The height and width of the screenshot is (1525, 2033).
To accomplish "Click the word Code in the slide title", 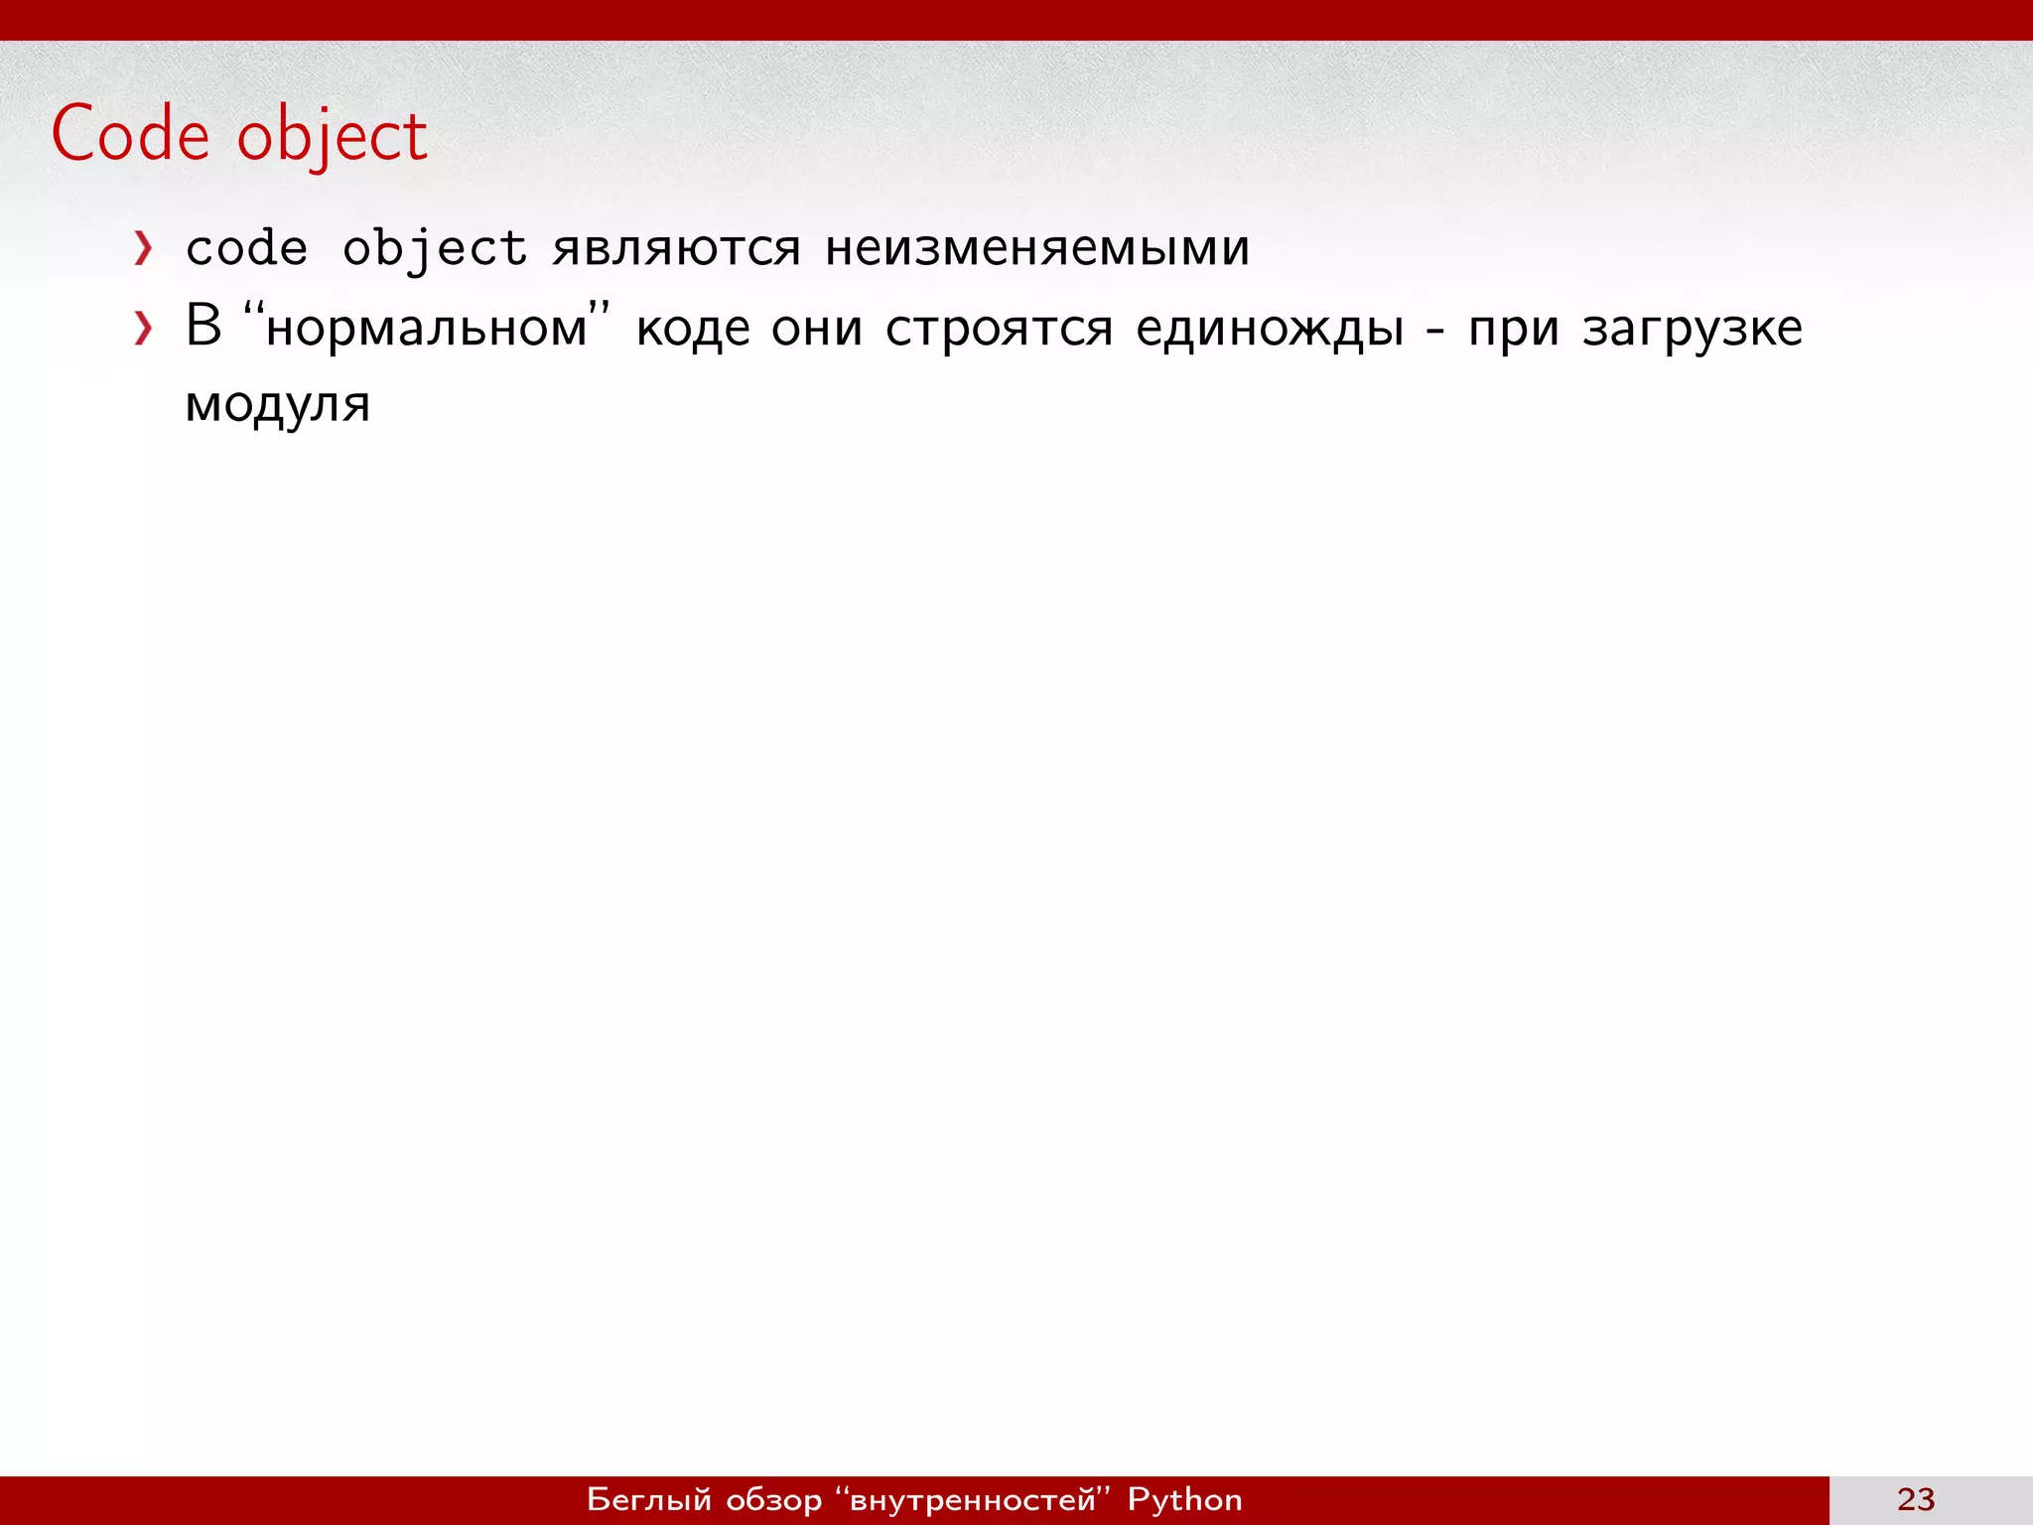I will coord(130,134).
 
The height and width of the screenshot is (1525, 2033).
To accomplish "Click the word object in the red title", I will coord(332,137).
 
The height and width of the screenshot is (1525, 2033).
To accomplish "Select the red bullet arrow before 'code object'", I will coord(144,248).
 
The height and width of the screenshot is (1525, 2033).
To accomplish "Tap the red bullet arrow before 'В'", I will coord(144,328).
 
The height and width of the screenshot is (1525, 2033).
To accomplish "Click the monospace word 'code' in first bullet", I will coord(246,248).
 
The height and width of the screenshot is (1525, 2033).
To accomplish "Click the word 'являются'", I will coord(676,248).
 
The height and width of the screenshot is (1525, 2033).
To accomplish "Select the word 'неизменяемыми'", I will coord(1037,248).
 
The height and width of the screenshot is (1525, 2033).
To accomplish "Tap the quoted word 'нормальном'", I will coord(427,328).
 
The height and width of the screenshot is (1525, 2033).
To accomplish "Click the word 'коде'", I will coord(693,328).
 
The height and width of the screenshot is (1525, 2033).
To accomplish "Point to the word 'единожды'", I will coord(1270,328).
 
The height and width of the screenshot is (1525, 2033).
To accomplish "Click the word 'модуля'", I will coord(278,405).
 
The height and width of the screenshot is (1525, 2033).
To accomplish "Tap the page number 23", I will coord(1916,1499).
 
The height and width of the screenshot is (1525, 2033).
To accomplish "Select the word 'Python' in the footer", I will coord(1184,1499).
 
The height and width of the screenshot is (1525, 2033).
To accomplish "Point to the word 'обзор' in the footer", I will coord(774,1499).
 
